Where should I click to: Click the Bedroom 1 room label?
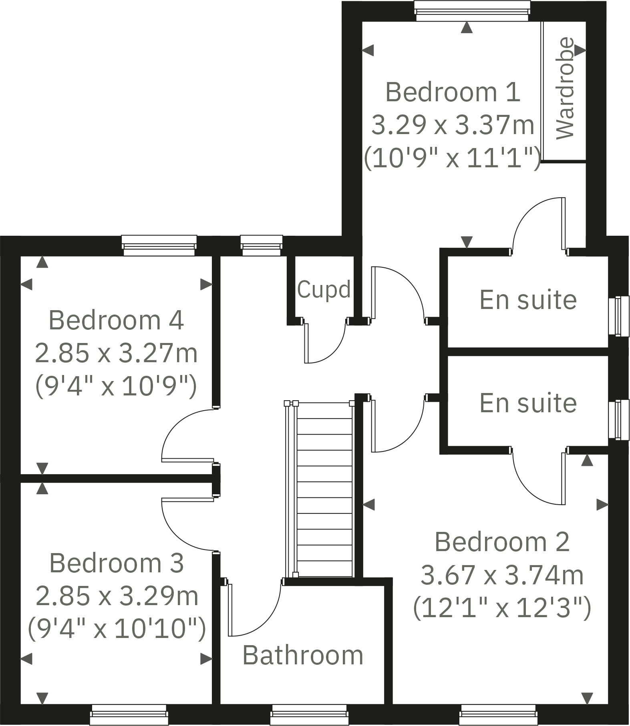pos(453,92)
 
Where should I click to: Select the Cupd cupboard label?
pos(324,289)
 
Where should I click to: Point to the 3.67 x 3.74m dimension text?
pos(502,575)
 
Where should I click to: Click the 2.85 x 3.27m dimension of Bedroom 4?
pos(116,353)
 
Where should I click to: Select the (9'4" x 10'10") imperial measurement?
pos(117,628)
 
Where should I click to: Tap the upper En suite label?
pos(528,300)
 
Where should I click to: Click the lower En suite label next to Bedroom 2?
pos(528,403)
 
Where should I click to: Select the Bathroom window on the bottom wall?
pos(309,714)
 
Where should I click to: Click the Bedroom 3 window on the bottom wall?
pos(129,714)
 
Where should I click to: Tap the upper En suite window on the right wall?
pos(619,316)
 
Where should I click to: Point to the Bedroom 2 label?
pos(502,542)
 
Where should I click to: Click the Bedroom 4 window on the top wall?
pos(159,245)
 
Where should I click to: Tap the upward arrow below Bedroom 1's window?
pos(467,28)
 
